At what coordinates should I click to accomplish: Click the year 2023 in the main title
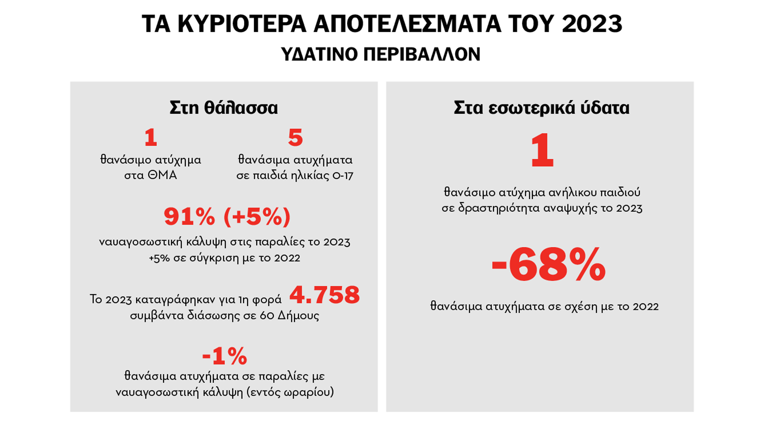[592, 24]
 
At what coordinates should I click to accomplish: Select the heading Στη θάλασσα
[224, 108]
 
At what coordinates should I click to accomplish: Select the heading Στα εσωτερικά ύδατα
[542, 108]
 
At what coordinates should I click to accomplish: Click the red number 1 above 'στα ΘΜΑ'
[151, 138]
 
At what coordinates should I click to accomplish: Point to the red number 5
[295, 138]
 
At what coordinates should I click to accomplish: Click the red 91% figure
[189, 217]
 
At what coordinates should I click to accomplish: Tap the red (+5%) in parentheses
[257, 217]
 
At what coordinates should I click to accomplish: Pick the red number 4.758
[324, 295]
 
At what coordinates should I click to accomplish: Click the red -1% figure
[224, 356]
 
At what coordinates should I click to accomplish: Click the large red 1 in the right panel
[542, 151]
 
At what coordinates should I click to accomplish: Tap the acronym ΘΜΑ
[162, 175]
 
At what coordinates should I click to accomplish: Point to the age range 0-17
[343, 176]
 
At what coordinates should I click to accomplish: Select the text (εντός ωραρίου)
[290, 393]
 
